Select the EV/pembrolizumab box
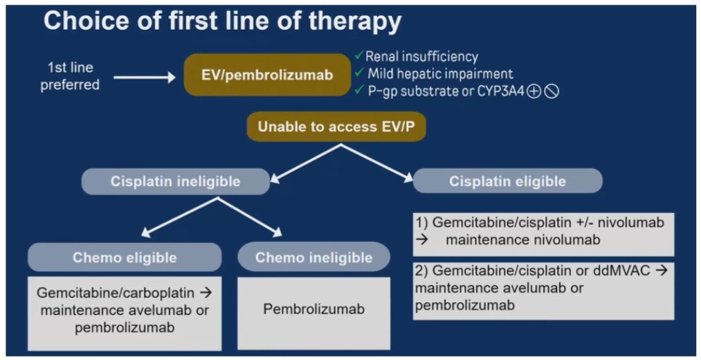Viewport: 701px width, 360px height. click(267, 75)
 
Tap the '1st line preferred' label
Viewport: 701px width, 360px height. click(70, 76)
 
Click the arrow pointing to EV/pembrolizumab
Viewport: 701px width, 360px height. click(145, 78)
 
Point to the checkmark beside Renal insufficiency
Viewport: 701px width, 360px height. click(358, 55)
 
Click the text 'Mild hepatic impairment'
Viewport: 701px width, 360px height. click(440, 73)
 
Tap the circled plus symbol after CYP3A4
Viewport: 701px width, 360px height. click(534, 91)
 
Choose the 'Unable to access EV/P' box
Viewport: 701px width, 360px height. click(336, 127)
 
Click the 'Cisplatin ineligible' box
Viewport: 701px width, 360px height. click(175, 181)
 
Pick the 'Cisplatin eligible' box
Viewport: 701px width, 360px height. click(507, 181)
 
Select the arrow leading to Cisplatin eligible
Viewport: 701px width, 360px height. click(377, 163)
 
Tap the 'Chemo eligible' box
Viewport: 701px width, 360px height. click(125, 257)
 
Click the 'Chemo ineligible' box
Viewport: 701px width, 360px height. click(314, 257)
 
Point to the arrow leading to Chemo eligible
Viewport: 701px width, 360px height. click(180, 217)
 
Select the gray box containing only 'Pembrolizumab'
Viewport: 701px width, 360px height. click(314, 314)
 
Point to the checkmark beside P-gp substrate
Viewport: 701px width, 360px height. click(358, 89)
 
